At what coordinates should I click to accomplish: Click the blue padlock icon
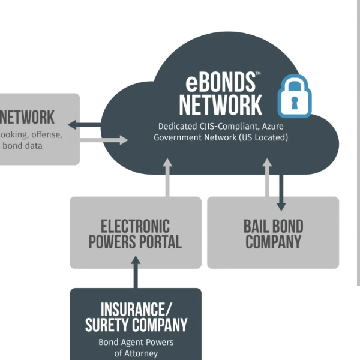294,95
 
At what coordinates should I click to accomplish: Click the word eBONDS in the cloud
220,82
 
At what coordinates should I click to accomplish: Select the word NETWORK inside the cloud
221,104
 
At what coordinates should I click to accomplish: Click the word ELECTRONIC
135,227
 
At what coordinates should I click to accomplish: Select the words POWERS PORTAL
135,242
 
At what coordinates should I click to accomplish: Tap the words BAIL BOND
273,227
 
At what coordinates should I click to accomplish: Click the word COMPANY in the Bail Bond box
273,242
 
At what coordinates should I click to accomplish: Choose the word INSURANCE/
136,310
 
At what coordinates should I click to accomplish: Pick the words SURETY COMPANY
136,325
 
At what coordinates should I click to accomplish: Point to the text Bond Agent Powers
136,343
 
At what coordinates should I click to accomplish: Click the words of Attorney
136,353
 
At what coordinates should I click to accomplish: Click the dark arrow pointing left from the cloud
84,125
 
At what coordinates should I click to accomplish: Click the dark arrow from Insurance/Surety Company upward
136,273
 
